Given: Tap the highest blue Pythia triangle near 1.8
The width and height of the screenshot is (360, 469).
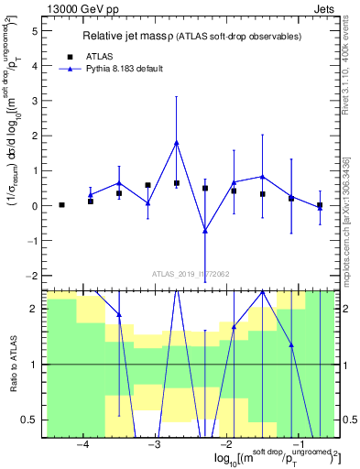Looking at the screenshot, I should pos(176,143).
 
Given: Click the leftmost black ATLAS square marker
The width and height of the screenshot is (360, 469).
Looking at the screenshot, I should pos(61,205).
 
